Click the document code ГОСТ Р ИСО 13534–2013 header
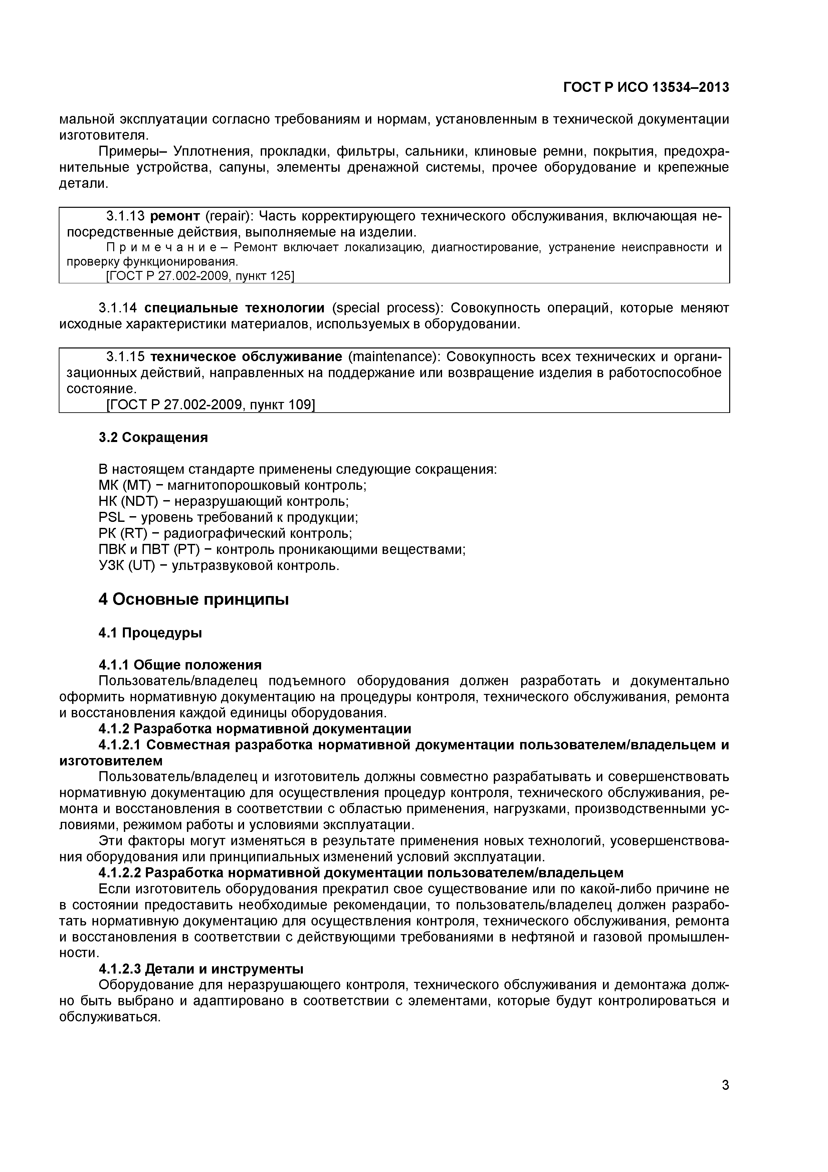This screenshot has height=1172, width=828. point(646,88)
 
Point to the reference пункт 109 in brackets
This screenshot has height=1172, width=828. point(286,405)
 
